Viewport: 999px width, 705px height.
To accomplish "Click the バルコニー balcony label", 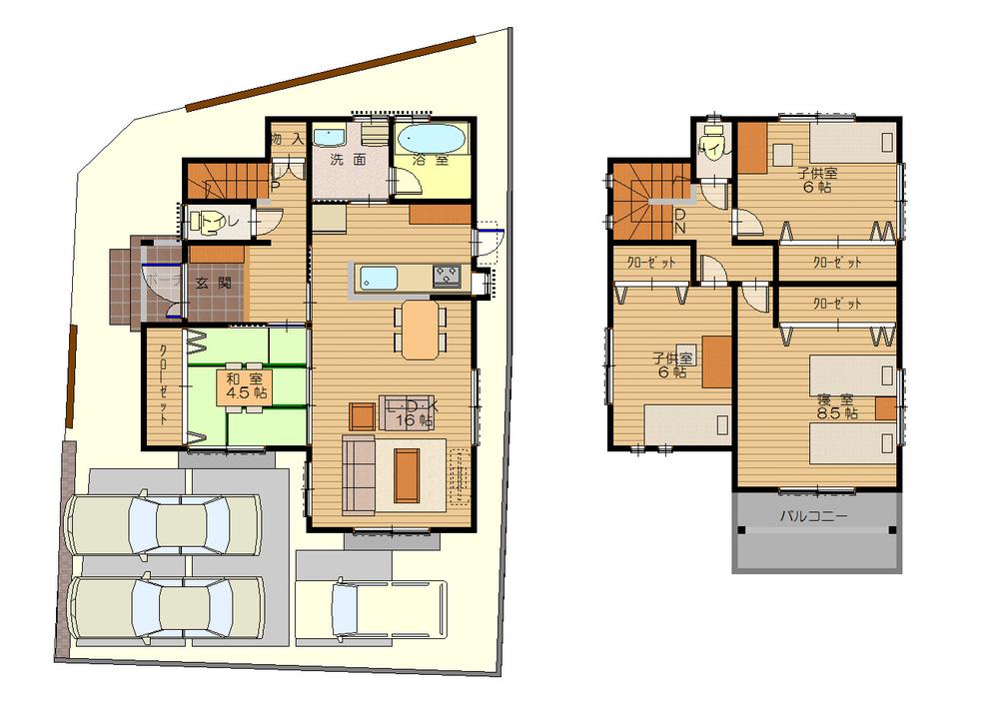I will (x=814, y=517).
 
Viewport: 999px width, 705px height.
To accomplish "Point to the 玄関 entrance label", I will (x=213, y=284).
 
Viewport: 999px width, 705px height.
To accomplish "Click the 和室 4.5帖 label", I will (x=244, y=385).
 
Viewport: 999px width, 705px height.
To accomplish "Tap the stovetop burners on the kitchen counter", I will (x=446, y=275).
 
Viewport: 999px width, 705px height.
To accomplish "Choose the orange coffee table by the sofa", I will (x=407, y=476).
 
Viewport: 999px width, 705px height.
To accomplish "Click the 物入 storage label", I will (x=287, y=140).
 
